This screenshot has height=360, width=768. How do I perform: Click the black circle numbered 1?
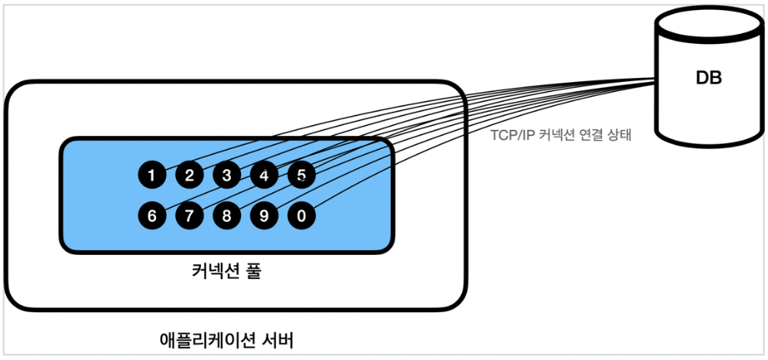151,175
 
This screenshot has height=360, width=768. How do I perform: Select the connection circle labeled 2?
189,175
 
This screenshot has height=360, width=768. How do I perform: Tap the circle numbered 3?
226,175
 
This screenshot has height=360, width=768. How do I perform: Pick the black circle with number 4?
264,175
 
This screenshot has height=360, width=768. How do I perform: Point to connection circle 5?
301,175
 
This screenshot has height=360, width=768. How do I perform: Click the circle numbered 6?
151,216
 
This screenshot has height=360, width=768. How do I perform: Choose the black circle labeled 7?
189,216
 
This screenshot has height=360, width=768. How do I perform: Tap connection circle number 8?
226,216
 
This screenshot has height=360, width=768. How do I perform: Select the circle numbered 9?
264,216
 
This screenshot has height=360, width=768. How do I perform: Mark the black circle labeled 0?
301,216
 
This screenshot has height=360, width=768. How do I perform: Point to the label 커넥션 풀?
226,272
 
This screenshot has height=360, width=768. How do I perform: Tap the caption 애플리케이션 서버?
226,338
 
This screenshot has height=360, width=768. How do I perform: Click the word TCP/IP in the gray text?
511,135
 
